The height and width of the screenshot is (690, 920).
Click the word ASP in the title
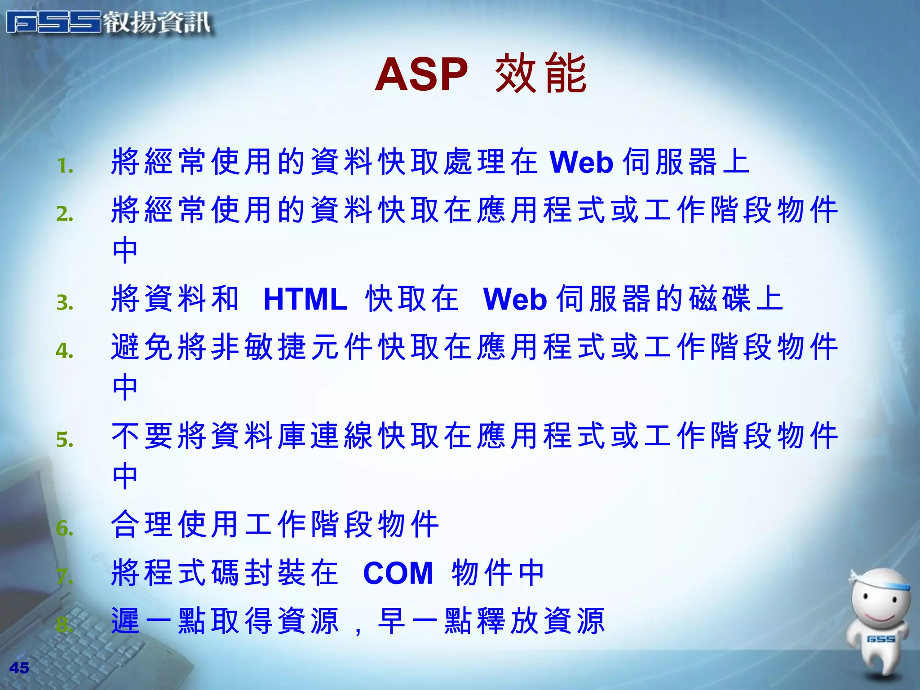click(x=421, y=75)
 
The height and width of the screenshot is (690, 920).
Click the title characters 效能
click(x=541, y=74)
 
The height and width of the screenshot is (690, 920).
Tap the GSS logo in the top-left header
click(x=54, y=22)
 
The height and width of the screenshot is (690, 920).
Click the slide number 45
click(x=19, y=668)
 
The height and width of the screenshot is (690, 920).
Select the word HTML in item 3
click(x=305, y=299)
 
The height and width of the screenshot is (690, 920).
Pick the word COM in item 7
click(x=398, y=573)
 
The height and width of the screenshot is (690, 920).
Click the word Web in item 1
click(x=581, y=162)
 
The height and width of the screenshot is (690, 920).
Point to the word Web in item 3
click(x=515, y=299)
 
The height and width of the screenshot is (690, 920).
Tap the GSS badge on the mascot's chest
click(x=880, y=639)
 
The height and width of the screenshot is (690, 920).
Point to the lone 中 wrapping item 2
click(x=125, y=250)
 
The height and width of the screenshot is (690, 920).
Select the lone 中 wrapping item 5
click(x=125, y=476)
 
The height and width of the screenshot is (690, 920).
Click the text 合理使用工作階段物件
click(x=275, y=524)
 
